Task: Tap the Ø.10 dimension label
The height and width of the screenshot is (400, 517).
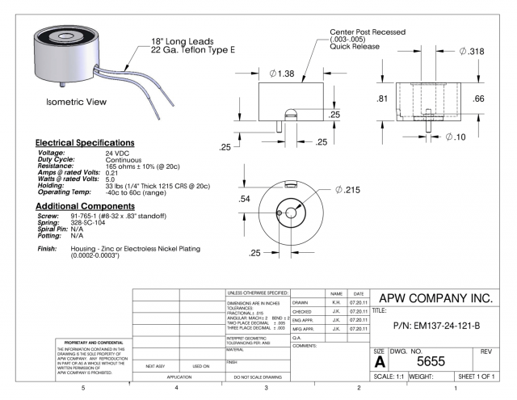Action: pyautogui.click(x=458, y=137)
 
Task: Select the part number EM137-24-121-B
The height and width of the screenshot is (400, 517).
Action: pyautogui.click(x=433, y=327)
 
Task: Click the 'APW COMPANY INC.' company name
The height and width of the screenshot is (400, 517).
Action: pyautogui.click(x=435, y=297)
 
